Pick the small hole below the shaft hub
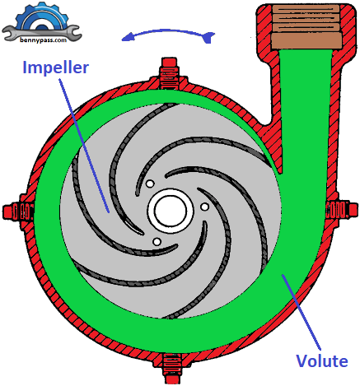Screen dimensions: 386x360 (156, 241)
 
